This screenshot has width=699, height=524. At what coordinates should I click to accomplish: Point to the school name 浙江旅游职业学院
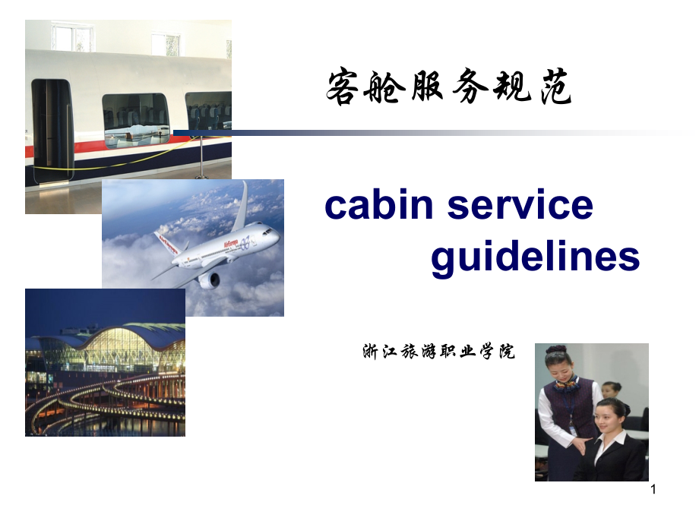point(439,352)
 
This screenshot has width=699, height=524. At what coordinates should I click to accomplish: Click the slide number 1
point(653,491)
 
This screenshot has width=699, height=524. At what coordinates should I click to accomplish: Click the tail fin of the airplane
point(240,205)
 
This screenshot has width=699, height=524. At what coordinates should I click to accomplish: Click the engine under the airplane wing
point(208,280)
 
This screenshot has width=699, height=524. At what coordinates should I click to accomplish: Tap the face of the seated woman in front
point(612,418)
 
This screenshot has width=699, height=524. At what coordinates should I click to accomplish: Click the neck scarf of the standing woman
point(565,384)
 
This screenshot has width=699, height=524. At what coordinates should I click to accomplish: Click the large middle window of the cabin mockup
point(135,119)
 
